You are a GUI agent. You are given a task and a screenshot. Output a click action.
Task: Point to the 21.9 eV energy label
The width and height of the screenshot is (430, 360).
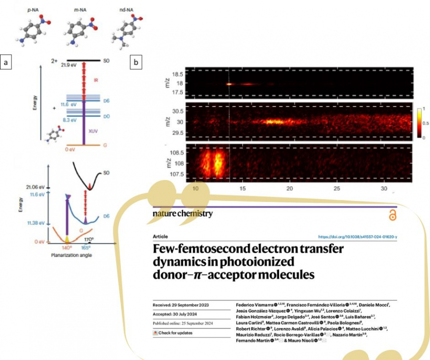(69, 65)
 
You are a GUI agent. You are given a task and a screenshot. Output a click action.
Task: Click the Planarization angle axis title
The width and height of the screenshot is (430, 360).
(72, 256)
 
